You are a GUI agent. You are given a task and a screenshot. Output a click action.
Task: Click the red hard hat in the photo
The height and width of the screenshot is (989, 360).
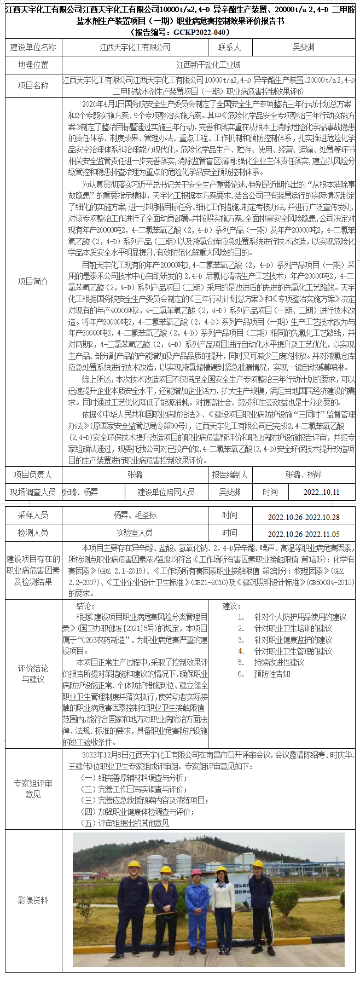pos(196,872)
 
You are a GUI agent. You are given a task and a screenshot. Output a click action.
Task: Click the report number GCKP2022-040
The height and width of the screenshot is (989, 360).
pos(180,32)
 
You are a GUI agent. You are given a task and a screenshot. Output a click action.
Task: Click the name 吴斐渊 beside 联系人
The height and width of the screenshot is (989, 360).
pos(303,48)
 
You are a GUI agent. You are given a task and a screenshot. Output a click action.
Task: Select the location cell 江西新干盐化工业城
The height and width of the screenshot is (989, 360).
pos(208,65)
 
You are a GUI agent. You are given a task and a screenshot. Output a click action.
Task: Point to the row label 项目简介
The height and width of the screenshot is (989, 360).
pos(33,281)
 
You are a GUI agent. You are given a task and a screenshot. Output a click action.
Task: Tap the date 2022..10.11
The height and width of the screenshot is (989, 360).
pos(321,492)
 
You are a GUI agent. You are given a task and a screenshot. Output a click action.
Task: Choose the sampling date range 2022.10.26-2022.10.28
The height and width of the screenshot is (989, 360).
pos(303,517)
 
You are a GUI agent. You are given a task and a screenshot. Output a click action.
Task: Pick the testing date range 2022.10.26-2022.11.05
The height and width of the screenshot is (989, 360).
pos(303,534)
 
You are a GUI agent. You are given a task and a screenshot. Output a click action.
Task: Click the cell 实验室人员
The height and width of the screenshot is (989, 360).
pos(135,533)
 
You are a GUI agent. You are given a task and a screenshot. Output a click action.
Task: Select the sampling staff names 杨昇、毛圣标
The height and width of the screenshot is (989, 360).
pos(135,515)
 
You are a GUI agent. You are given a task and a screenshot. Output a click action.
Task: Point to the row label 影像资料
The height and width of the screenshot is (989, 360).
pos(33,900)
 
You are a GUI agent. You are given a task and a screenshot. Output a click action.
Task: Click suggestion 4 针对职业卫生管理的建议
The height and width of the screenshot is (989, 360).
pos(293,651)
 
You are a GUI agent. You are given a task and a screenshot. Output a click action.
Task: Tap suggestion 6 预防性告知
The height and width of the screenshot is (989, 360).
pos(272,674)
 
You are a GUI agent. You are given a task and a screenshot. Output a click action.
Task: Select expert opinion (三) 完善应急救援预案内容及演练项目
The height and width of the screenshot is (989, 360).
pos(144,800)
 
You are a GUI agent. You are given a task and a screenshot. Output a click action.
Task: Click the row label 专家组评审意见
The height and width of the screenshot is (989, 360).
pos(33,789)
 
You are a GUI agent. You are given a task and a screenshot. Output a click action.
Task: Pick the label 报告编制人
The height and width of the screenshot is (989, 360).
pos(230,475)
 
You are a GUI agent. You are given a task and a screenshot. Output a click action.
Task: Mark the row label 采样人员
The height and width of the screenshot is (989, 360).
pos(33,515)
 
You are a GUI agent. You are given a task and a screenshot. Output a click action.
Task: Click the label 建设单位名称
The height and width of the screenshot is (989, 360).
pos(33,48)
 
